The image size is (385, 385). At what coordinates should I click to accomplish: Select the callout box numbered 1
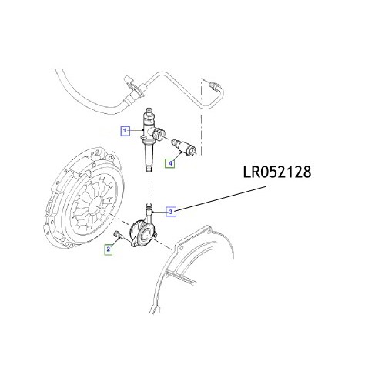[124, 132]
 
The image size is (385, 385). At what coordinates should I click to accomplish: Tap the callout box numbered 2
[109, 249]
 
